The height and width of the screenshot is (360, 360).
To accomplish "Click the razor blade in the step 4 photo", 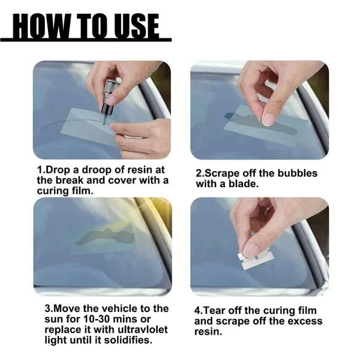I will tap(255, 259).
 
